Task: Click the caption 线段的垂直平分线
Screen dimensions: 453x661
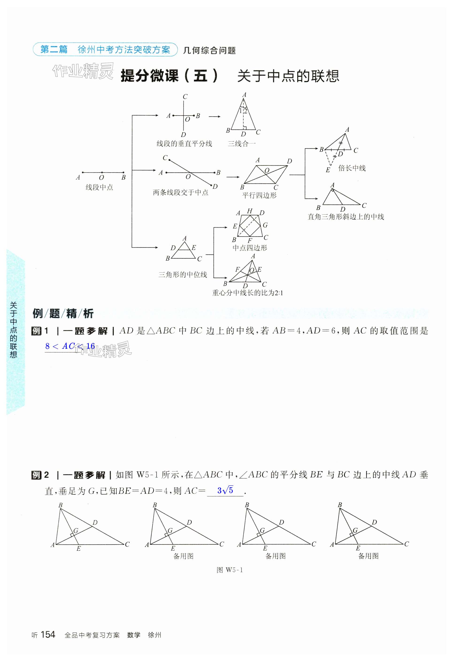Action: tap(184, 144)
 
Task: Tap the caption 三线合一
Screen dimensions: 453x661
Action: tap(242, 144)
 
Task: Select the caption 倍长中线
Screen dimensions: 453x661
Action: tap(352, 168)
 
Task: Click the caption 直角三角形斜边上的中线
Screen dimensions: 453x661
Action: tap(346, 217)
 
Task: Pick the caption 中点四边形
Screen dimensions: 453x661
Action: tap(250, 248)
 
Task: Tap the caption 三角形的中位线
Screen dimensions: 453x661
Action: tap(183, 274)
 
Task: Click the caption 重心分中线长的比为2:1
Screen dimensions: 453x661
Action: tap(247, 293)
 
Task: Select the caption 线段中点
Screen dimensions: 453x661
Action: tap(99, 187)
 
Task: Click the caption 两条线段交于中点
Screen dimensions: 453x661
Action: tap(180, 192)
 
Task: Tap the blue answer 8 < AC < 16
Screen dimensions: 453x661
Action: tap(70, 346)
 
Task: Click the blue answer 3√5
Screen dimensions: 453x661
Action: tap(225, 490)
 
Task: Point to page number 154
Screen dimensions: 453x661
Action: tap(48, 635)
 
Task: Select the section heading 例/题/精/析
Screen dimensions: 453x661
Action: tap(63, 313)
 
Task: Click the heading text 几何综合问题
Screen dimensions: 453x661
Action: tap(209, 50)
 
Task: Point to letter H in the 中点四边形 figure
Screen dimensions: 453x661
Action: tap(250, 211)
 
